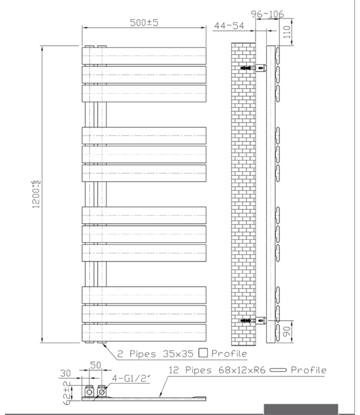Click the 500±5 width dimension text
click(x=144, y=23)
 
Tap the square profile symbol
click(x=203, y=352)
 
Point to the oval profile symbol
click(x=279, y=370)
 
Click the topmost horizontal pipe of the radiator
click(x=144, y=55)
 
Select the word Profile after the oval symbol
click(x=308, y=370)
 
